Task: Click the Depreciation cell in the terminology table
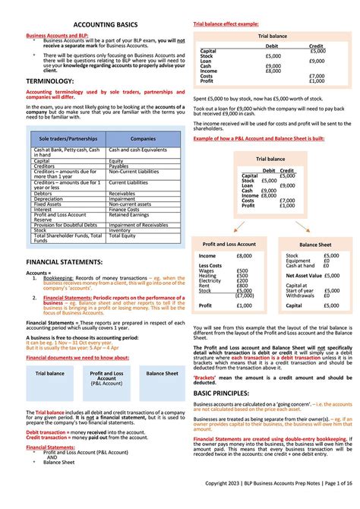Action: [49, 199]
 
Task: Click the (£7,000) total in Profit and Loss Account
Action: [245, 296]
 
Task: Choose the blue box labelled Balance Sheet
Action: [162, 375]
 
